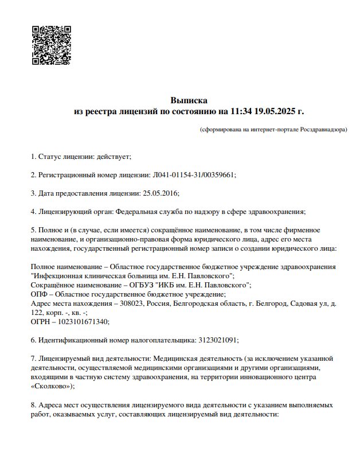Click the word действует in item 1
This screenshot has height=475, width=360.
coord(114,156)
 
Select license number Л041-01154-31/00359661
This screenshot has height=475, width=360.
coord(194,174)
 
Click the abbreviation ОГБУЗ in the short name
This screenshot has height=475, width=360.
coord(153,285)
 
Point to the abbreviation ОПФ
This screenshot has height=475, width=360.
coord(39,294)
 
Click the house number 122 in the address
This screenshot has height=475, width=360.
coord(36,312)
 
